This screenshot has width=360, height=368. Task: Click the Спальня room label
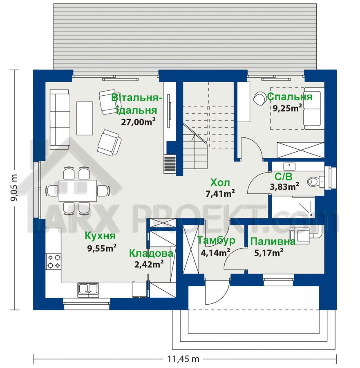(290, 96)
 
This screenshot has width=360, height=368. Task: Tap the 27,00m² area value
(139, 122)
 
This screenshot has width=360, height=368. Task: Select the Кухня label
(100, 236)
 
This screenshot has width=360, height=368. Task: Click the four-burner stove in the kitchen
(54, 261)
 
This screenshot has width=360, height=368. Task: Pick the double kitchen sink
(88, 290)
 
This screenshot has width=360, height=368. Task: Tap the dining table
(78, 190)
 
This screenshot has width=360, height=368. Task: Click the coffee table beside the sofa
(85, 118)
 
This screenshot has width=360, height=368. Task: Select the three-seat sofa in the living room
(60, 119)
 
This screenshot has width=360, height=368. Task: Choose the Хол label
(220, 182)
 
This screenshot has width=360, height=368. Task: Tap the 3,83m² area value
(284, 186)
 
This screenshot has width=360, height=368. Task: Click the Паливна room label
(273, 242)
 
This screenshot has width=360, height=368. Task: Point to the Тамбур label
(216, 240)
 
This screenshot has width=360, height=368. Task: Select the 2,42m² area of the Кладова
(149, 264)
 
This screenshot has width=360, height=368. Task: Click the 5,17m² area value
(269, 253)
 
